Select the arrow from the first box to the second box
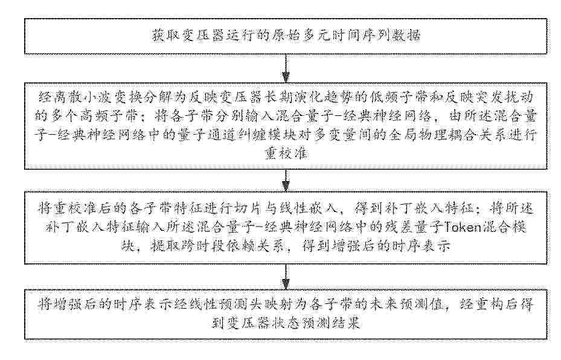click(286, 68)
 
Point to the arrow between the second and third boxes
click(286, 181)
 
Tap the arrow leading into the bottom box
click(286, 277)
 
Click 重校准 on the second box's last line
click(286, 153)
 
